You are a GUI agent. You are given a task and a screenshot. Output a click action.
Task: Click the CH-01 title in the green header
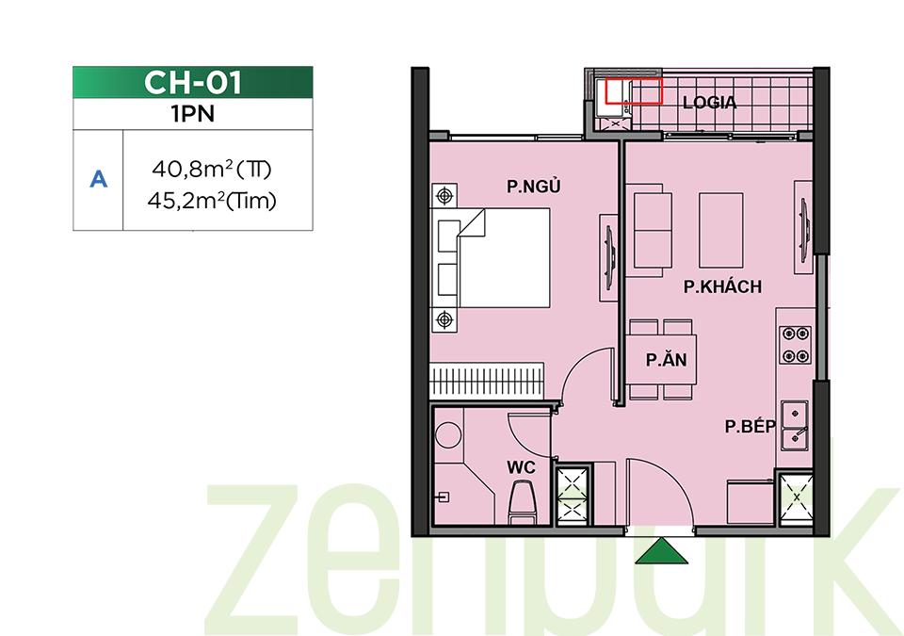click(192, 83)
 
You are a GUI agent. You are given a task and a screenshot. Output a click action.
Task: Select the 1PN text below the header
click(192, 114)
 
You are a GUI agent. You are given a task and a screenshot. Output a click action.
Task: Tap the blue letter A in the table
click(99, 179)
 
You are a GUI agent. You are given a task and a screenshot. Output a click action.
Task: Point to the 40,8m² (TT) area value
click(212, 169)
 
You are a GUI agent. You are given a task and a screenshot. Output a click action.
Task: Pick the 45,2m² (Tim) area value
click(212, 201)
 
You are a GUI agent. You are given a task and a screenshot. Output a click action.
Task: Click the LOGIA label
click(710, 103)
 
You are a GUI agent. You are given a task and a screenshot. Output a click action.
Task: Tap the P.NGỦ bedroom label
click(533, 186)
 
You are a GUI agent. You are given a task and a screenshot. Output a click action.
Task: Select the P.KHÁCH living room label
click(722, 286)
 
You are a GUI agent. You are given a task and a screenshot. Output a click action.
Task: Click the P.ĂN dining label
click(666, 360)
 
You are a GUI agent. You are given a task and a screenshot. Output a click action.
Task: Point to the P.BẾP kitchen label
click(751, 426)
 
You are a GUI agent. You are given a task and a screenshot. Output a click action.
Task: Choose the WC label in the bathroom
click(521, 467)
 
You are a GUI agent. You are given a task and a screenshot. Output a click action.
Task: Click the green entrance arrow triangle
click(661, 551)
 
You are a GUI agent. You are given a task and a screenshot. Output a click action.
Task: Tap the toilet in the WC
click(523, 503)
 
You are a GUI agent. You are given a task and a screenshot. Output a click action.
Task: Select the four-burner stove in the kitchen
click(796, 345)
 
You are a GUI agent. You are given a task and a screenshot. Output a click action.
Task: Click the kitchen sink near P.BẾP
click(795, 425)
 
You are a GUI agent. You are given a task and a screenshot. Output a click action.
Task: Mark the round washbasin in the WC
click(448, 434)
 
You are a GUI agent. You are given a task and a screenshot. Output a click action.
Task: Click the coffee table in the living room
click(720, 230)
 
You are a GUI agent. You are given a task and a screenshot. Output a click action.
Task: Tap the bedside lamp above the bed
click(444, 196)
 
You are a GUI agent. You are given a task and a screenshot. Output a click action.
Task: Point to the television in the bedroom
click(609, 258)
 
